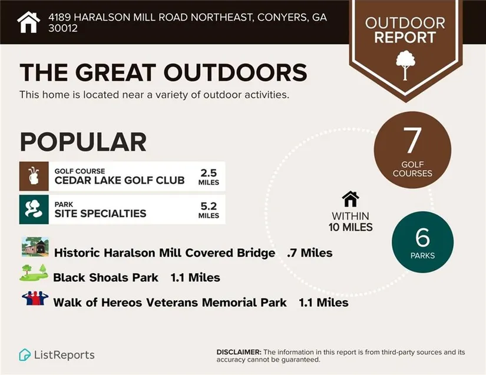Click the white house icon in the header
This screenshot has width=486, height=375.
(x=28, y=22)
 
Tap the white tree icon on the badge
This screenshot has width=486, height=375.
(x=405, y=65)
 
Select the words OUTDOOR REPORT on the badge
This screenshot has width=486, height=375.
(x=405, y=31)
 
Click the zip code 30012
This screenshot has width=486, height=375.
(x=63, y=28)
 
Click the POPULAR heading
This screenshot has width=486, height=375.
(x=83, y=142)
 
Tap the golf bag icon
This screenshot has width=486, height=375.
(x=34, y=176)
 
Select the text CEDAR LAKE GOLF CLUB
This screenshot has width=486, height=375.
(x=120, y=180)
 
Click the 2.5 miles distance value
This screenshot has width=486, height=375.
(x=209, y=177)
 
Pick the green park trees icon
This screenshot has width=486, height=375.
(x=34, y=210)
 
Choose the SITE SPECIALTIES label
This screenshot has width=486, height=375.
(x=100, y=213)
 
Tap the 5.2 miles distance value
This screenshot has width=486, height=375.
(x=209, y=210)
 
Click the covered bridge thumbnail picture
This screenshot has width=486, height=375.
(x=35, y=247)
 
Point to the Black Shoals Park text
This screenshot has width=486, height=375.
(x=105, y=277)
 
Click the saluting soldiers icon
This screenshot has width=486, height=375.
(x=35, y=298)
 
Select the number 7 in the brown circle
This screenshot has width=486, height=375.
(x=412, y=141)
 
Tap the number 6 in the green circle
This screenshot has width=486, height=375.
(x=422, y=237)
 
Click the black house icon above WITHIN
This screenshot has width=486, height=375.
(x=351, y=199)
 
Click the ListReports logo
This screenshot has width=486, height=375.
(x=57, y=355)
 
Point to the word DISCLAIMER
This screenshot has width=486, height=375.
(x=239, y=352)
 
